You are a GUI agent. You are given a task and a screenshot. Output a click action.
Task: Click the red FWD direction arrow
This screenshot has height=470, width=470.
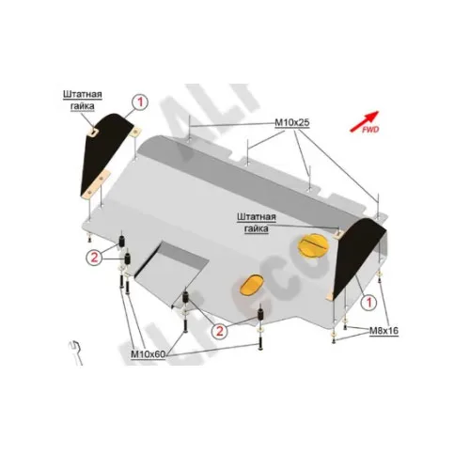tap(365, 121)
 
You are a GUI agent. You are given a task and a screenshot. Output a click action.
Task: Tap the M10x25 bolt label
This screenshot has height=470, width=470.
tap(292, 122)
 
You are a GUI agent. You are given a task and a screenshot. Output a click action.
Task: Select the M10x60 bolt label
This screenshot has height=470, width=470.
tap(148, 354)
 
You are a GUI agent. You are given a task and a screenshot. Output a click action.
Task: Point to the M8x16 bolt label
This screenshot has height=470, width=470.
tap(384, 331)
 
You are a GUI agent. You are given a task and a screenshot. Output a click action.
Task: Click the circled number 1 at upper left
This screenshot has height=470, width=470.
tap(140, 102)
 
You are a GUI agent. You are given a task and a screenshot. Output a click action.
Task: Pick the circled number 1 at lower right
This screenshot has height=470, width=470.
tap(368, 303)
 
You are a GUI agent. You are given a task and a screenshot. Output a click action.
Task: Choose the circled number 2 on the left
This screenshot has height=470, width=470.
tap(94, 258)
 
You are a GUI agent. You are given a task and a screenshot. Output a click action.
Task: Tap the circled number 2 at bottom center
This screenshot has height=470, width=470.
tap(219, 331)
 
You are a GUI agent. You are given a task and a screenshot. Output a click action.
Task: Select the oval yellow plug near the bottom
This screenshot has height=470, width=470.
tap(251, 285)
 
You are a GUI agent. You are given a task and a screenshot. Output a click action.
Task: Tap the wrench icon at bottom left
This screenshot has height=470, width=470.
tap(76, 353)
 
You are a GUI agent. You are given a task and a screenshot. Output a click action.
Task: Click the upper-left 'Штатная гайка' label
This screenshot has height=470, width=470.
tap(83, 101)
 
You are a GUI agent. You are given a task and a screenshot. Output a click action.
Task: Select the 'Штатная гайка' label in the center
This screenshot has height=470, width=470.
tap(257, 223)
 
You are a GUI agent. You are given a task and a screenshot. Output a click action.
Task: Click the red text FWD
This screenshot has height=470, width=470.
tap(370, 130)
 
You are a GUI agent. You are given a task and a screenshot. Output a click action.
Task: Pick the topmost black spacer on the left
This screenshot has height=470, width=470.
tap(121, 241)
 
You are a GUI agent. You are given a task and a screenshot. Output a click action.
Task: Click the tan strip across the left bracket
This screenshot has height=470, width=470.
tap(96, 184)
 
